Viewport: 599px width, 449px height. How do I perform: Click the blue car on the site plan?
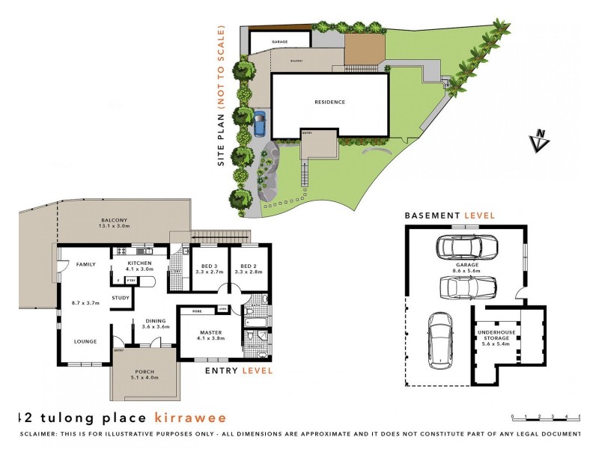click(259, 123)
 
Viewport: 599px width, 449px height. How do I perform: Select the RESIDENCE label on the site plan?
click(329, 103)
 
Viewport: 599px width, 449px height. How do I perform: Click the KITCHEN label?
click(139, 263)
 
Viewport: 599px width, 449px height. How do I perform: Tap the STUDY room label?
click(121, 298)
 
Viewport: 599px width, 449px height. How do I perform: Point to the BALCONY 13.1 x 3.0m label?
click(115, 222)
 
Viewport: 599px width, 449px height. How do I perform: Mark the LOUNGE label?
click(85, 341)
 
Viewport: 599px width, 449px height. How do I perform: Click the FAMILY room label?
click(83, 264)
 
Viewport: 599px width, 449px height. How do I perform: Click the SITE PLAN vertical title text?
click(222, 97)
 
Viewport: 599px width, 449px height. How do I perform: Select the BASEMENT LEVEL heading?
click(449, 215)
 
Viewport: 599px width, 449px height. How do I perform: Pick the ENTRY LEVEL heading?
click(239, 370)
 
